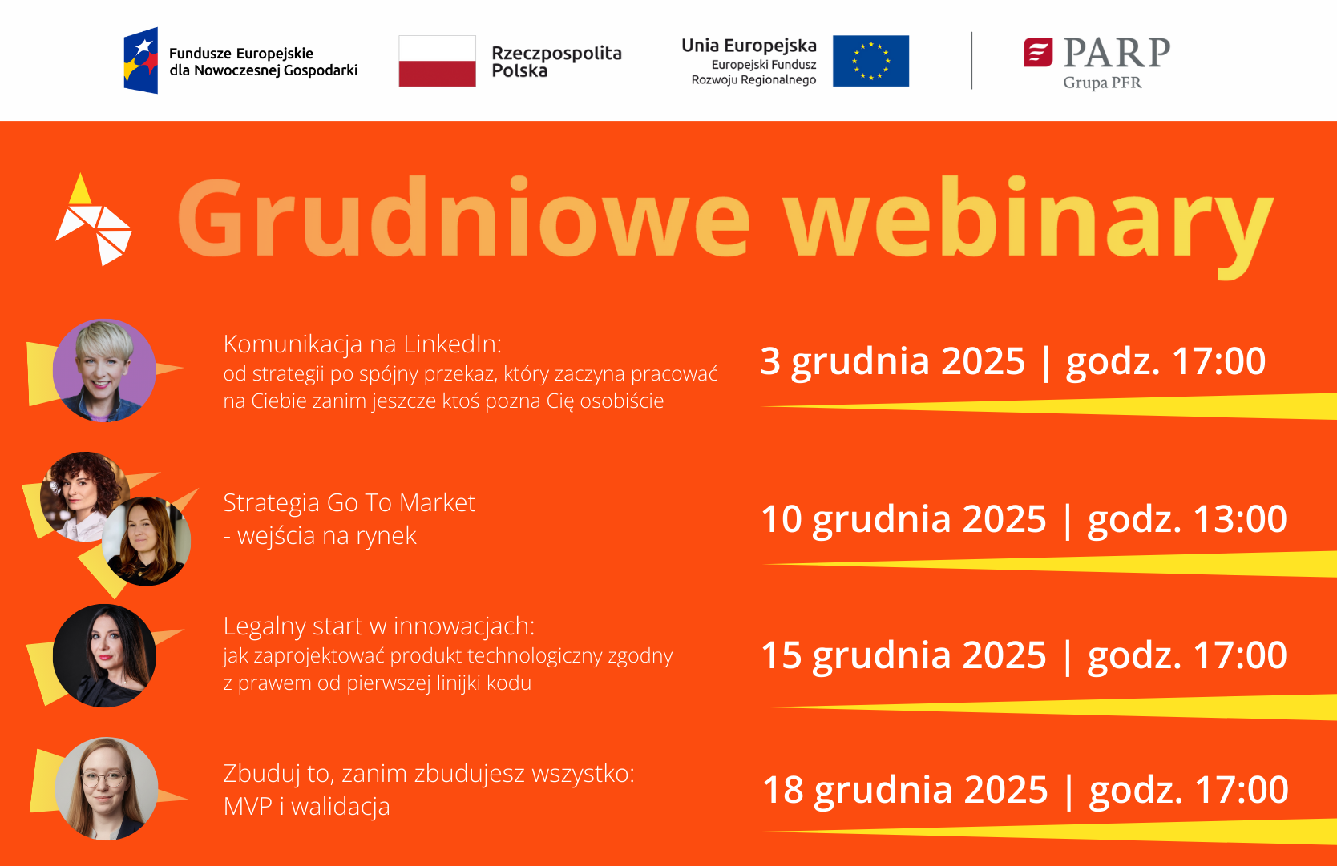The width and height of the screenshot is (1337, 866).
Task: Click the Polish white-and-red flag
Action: tap(437, 61)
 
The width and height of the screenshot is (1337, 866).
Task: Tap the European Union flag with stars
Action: tap(870, 61)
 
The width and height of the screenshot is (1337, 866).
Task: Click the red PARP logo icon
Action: tap(1038, 53)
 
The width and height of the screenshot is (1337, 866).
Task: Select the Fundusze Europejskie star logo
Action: tap(141, 60)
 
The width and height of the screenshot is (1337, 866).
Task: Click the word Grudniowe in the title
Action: tap(464, 218)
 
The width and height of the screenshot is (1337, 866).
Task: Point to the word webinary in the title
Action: tap(1028, 227)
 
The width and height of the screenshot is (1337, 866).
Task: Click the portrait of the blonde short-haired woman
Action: tap(104, 370)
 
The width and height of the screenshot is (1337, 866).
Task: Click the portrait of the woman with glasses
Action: tap(107, 789)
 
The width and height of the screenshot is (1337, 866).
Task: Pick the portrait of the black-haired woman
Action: tap(104, 655)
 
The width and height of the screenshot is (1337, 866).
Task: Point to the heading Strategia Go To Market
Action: tap(349, 503)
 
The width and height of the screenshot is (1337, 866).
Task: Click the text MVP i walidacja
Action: tap(306, 807)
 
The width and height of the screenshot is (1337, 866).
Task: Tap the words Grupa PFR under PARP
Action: tap(1102, 83)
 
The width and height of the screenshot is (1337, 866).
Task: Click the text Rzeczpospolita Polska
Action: tap(556, 62)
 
